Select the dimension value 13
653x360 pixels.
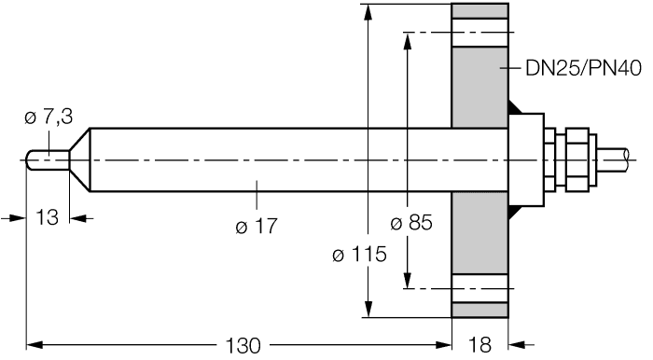(46, 217)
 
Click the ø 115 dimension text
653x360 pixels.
(360, 254)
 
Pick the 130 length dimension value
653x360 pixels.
(243, 345)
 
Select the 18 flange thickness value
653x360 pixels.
(479, 345)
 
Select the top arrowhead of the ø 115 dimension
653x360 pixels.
(370, 12)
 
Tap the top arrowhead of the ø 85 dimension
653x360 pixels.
(408, 40)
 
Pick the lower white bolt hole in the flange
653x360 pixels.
(480, 285)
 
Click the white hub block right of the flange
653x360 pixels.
(526, 159)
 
